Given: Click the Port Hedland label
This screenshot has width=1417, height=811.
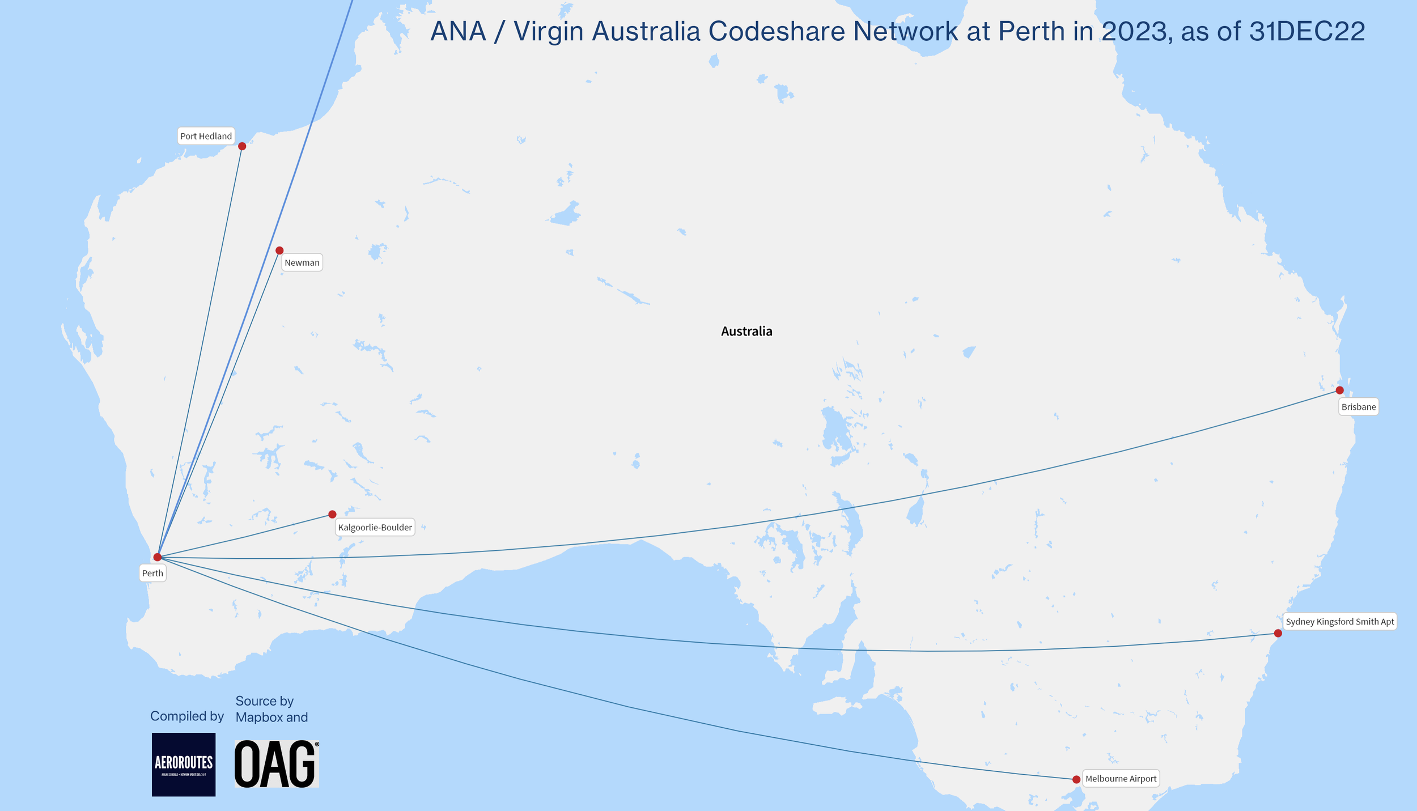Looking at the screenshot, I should pyautogui.click(x=206, y=136).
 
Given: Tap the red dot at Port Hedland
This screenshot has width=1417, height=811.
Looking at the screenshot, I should pyautogui.click(x=242, y=146).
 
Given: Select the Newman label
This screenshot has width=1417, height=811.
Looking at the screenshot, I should pyautogui.click(x=302, y=262).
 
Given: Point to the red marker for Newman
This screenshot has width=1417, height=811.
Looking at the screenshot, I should pyautogui.click(x=279, y=250).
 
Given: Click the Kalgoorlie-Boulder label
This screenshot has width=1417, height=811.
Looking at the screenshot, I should pyautogui.click(x=375, y=527).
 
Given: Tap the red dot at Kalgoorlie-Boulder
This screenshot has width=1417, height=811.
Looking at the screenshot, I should pyautogui.click(x=332, y=515).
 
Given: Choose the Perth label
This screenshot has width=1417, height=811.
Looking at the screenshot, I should pyautogui.click(x=152, y=573).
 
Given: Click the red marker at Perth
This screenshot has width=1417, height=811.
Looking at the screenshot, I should pyautogui.click(x=158, y=557).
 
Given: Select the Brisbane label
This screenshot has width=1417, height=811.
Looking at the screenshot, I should pyautogui.click(x=1358, y=407).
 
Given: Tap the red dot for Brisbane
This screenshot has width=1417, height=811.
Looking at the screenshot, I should pyautogui.click(x=1339, y=390).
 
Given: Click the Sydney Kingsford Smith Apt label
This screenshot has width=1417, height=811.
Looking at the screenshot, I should pyautogui.click(x=1339, y=622).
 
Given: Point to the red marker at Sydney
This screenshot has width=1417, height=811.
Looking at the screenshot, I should pyautogui.click(x=1278, y=633).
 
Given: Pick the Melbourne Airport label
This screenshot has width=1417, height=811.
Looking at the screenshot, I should pyautogui.click(x=1121, y=779).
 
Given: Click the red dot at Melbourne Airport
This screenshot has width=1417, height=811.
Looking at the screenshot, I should pyautogui.click(x=1076, y=779).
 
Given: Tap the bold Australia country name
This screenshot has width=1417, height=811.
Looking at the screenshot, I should pyautogui.click(x=746, y=332).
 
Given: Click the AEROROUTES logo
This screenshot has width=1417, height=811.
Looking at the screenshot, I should pyautogui.click(x=184, y=764).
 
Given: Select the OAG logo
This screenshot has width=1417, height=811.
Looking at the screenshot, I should pyautogui.click(x=277, y=764).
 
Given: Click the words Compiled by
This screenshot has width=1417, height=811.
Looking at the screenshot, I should pyautogui.click(x=187, y=716).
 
